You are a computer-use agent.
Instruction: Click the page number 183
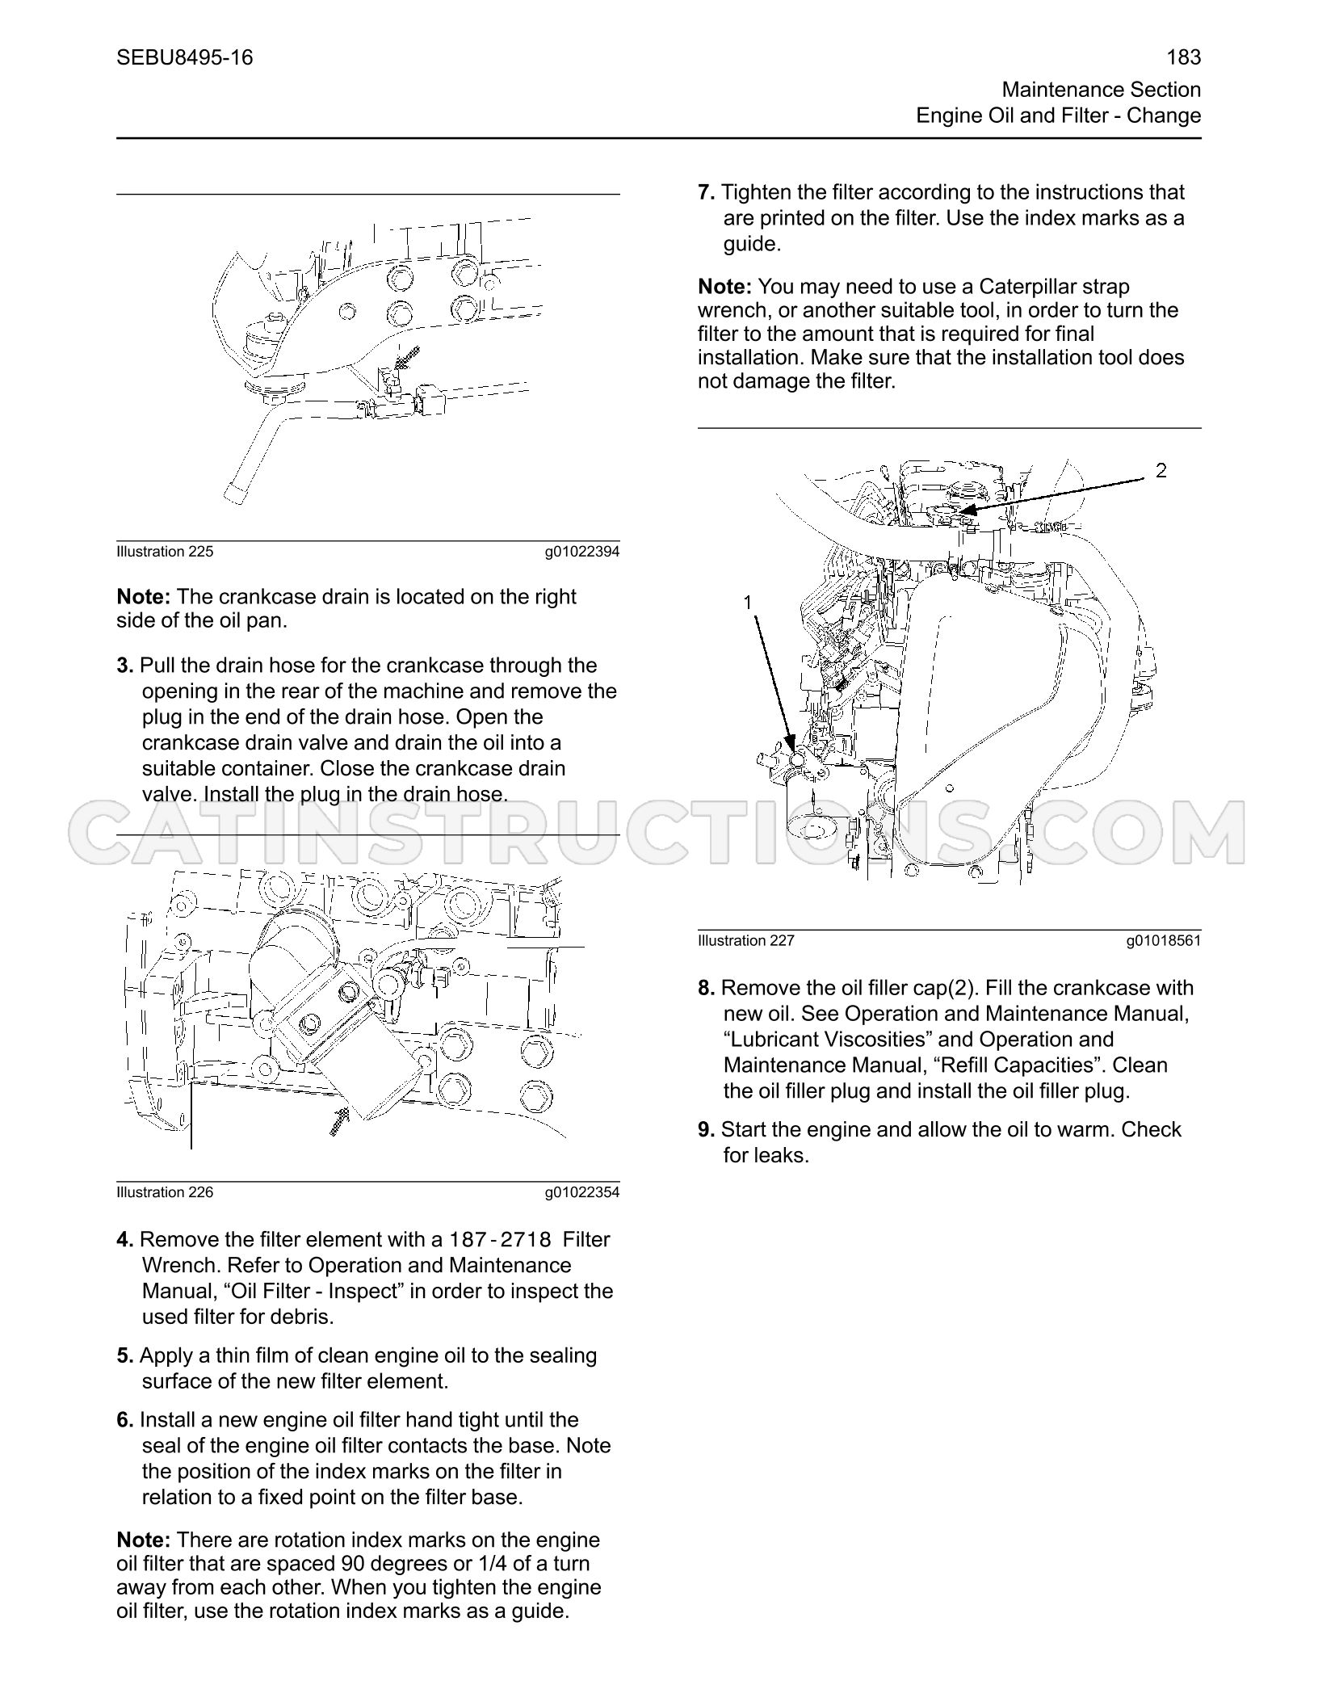click(x=1184, y=57)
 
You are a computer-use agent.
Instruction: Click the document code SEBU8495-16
click(x=185, y=57)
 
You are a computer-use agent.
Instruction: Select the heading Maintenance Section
click(x=1102, y=90)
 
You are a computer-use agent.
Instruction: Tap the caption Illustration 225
click(x=166, y=552)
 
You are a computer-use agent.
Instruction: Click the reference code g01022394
click(x=582, y=553)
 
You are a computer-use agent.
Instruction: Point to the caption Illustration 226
click(x=166, y=1192)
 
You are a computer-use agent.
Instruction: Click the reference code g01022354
click(x=582, y=1193)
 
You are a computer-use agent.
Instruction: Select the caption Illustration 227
click(x=747, y=940)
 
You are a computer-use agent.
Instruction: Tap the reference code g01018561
click(x=1164, y=941)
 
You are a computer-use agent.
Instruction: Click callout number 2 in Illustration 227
click(x=1161, y=470)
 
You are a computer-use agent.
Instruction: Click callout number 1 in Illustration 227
click(x=748, y=603)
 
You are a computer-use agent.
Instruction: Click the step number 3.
click(x=125, y=666)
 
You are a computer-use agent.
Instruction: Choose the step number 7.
click(x=707, y=192)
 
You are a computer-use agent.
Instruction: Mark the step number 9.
click(x=707, y=1129)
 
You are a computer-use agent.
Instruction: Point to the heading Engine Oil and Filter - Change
click(x=1059, y=116)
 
